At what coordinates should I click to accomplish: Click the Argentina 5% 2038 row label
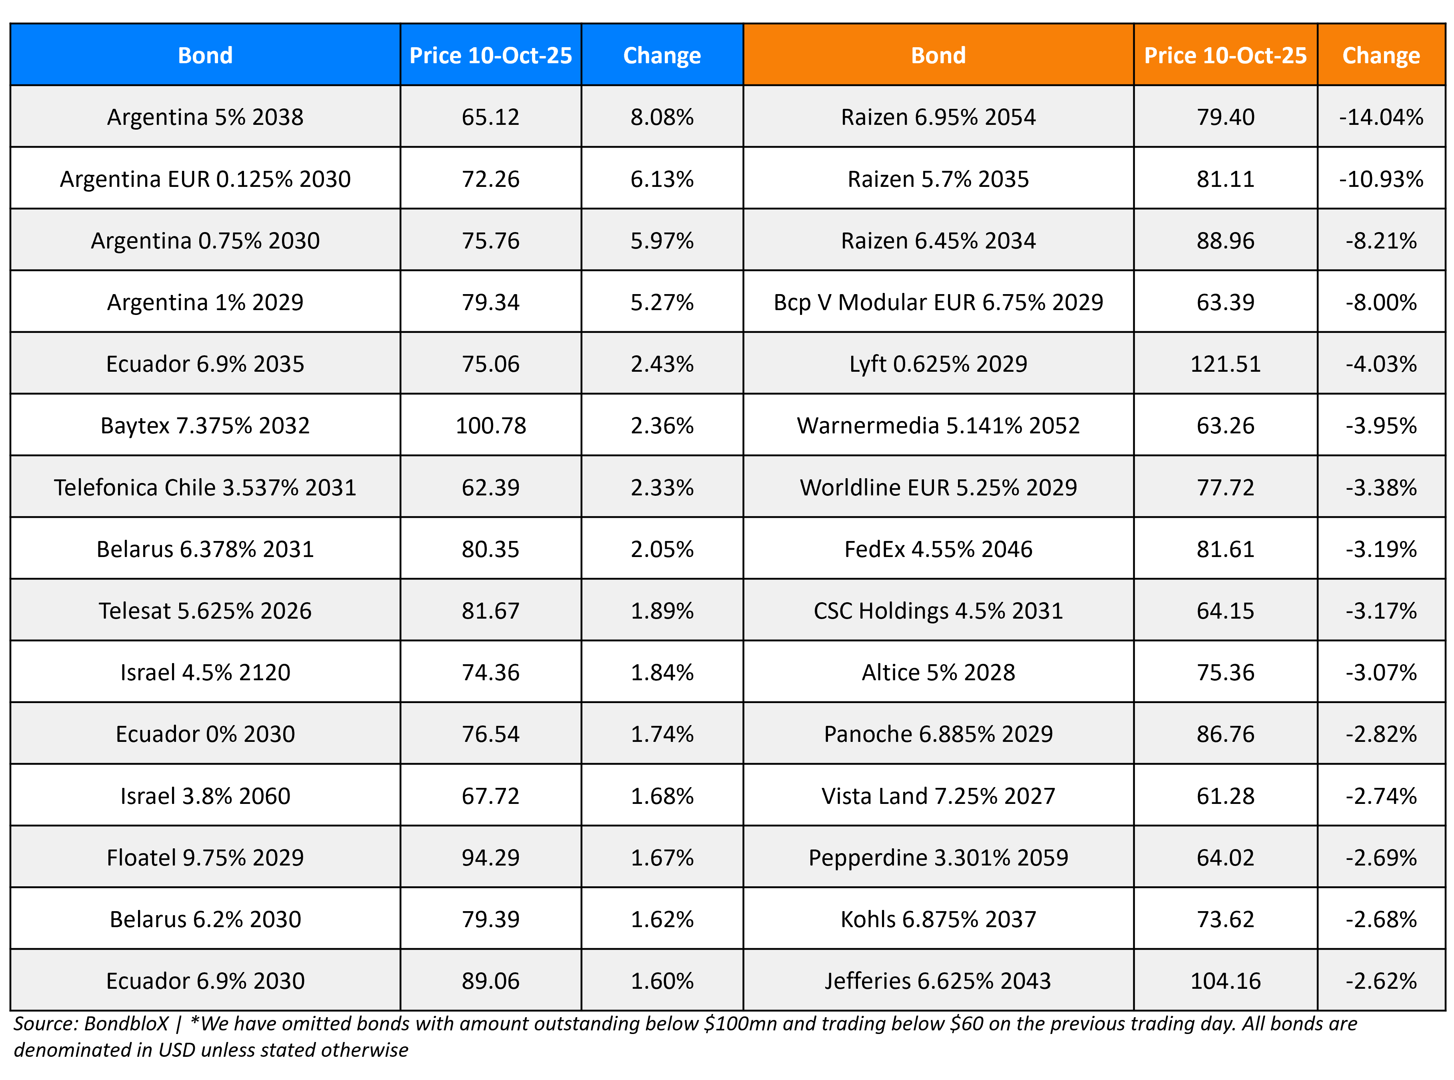point(205,117)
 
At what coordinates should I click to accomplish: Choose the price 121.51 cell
point(1225,364)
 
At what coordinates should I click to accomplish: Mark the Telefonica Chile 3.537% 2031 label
point(205,488)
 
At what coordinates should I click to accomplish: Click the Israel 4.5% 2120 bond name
point(205,673)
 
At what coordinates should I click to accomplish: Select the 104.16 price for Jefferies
point(1225,981)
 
